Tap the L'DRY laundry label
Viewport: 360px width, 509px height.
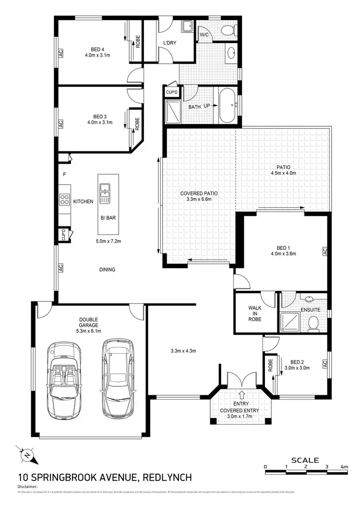coord(169,43)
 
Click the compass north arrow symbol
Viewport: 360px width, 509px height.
coord(27,454)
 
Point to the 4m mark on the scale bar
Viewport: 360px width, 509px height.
coord(344,466)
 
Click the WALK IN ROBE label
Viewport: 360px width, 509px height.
coord(255,314)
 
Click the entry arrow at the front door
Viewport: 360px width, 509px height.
coord(241,394)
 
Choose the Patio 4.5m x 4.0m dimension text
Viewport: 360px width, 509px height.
coord(283,174)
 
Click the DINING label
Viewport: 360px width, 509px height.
coord(107,270)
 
